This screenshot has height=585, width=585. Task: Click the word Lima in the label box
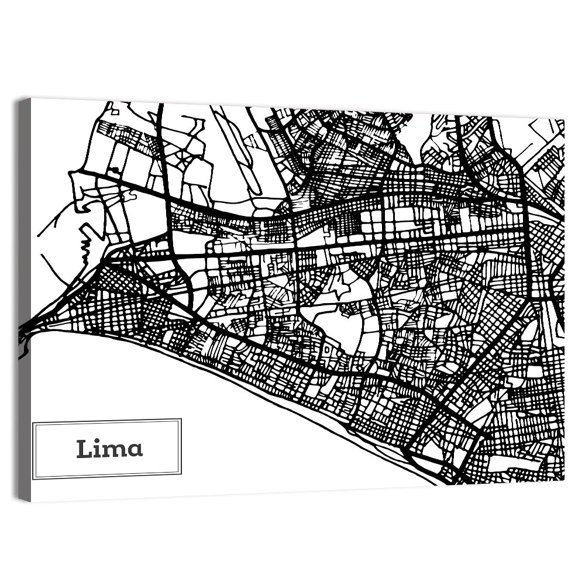pos(109,449)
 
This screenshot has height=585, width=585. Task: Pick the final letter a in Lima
pos(135,450)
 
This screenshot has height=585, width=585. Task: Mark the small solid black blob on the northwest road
pos(115,171)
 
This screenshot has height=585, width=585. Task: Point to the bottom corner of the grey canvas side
pos(24,501)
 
